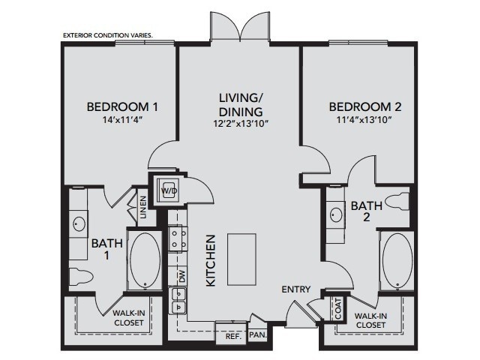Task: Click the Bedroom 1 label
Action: (122, 106)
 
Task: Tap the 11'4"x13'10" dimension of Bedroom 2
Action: (364, 119)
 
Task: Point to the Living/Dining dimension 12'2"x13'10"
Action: (241, 124)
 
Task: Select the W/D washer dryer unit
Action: (167, 190)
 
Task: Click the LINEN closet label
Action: (143, 207)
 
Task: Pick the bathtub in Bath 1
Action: (145, 261)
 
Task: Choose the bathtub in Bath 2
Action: (397, 260)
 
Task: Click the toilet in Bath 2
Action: (397, 202)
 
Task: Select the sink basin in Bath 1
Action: (79, 223)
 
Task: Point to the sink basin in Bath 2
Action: (337, 214)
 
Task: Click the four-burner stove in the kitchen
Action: (178, 238)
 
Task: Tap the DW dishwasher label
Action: (182, 277)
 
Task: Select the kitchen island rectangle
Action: (241, 259)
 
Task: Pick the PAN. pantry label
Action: (258, 335)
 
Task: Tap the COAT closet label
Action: (338, 308)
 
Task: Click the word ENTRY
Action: (296, 289)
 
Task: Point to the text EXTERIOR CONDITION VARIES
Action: (108, 35)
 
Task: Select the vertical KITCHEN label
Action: (211, 260)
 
